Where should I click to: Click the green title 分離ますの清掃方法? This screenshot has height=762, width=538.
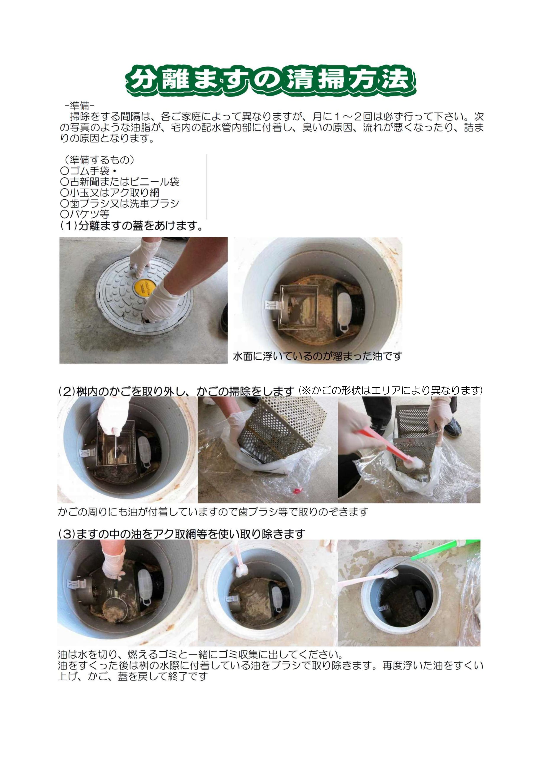[270, 81]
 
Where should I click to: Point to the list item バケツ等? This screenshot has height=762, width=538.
[85, 214]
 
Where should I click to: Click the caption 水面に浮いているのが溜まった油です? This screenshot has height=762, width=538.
[317, 356]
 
